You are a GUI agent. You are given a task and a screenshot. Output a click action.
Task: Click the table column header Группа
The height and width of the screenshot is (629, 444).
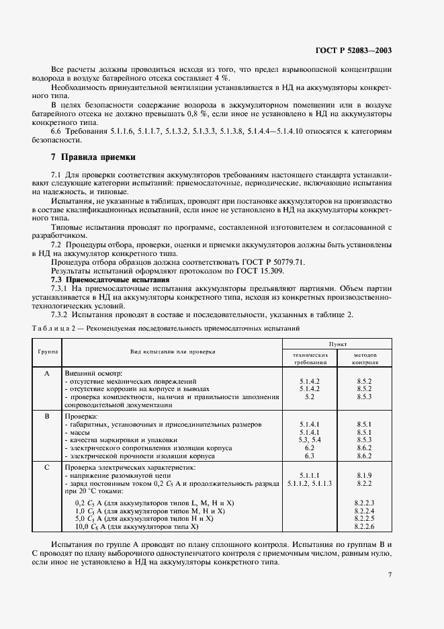47,351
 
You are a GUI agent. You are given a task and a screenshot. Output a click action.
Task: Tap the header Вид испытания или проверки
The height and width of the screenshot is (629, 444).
173,351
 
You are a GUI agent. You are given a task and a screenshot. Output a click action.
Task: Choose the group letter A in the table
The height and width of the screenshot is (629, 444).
47,373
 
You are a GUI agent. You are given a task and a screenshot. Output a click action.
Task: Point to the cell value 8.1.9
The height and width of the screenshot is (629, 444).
364,474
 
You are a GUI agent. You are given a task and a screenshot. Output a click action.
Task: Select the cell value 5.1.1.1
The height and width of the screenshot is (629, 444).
310,474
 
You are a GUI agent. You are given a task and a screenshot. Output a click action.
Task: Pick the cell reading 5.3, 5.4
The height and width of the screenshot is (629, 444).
310,439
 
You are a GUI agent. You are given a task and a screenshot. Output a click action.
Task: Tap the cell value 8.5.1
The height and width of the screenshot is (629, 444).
364,424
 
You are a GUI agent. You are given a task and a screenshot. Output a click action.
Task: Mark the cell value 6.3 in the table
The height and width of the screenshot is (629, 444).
310,456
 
